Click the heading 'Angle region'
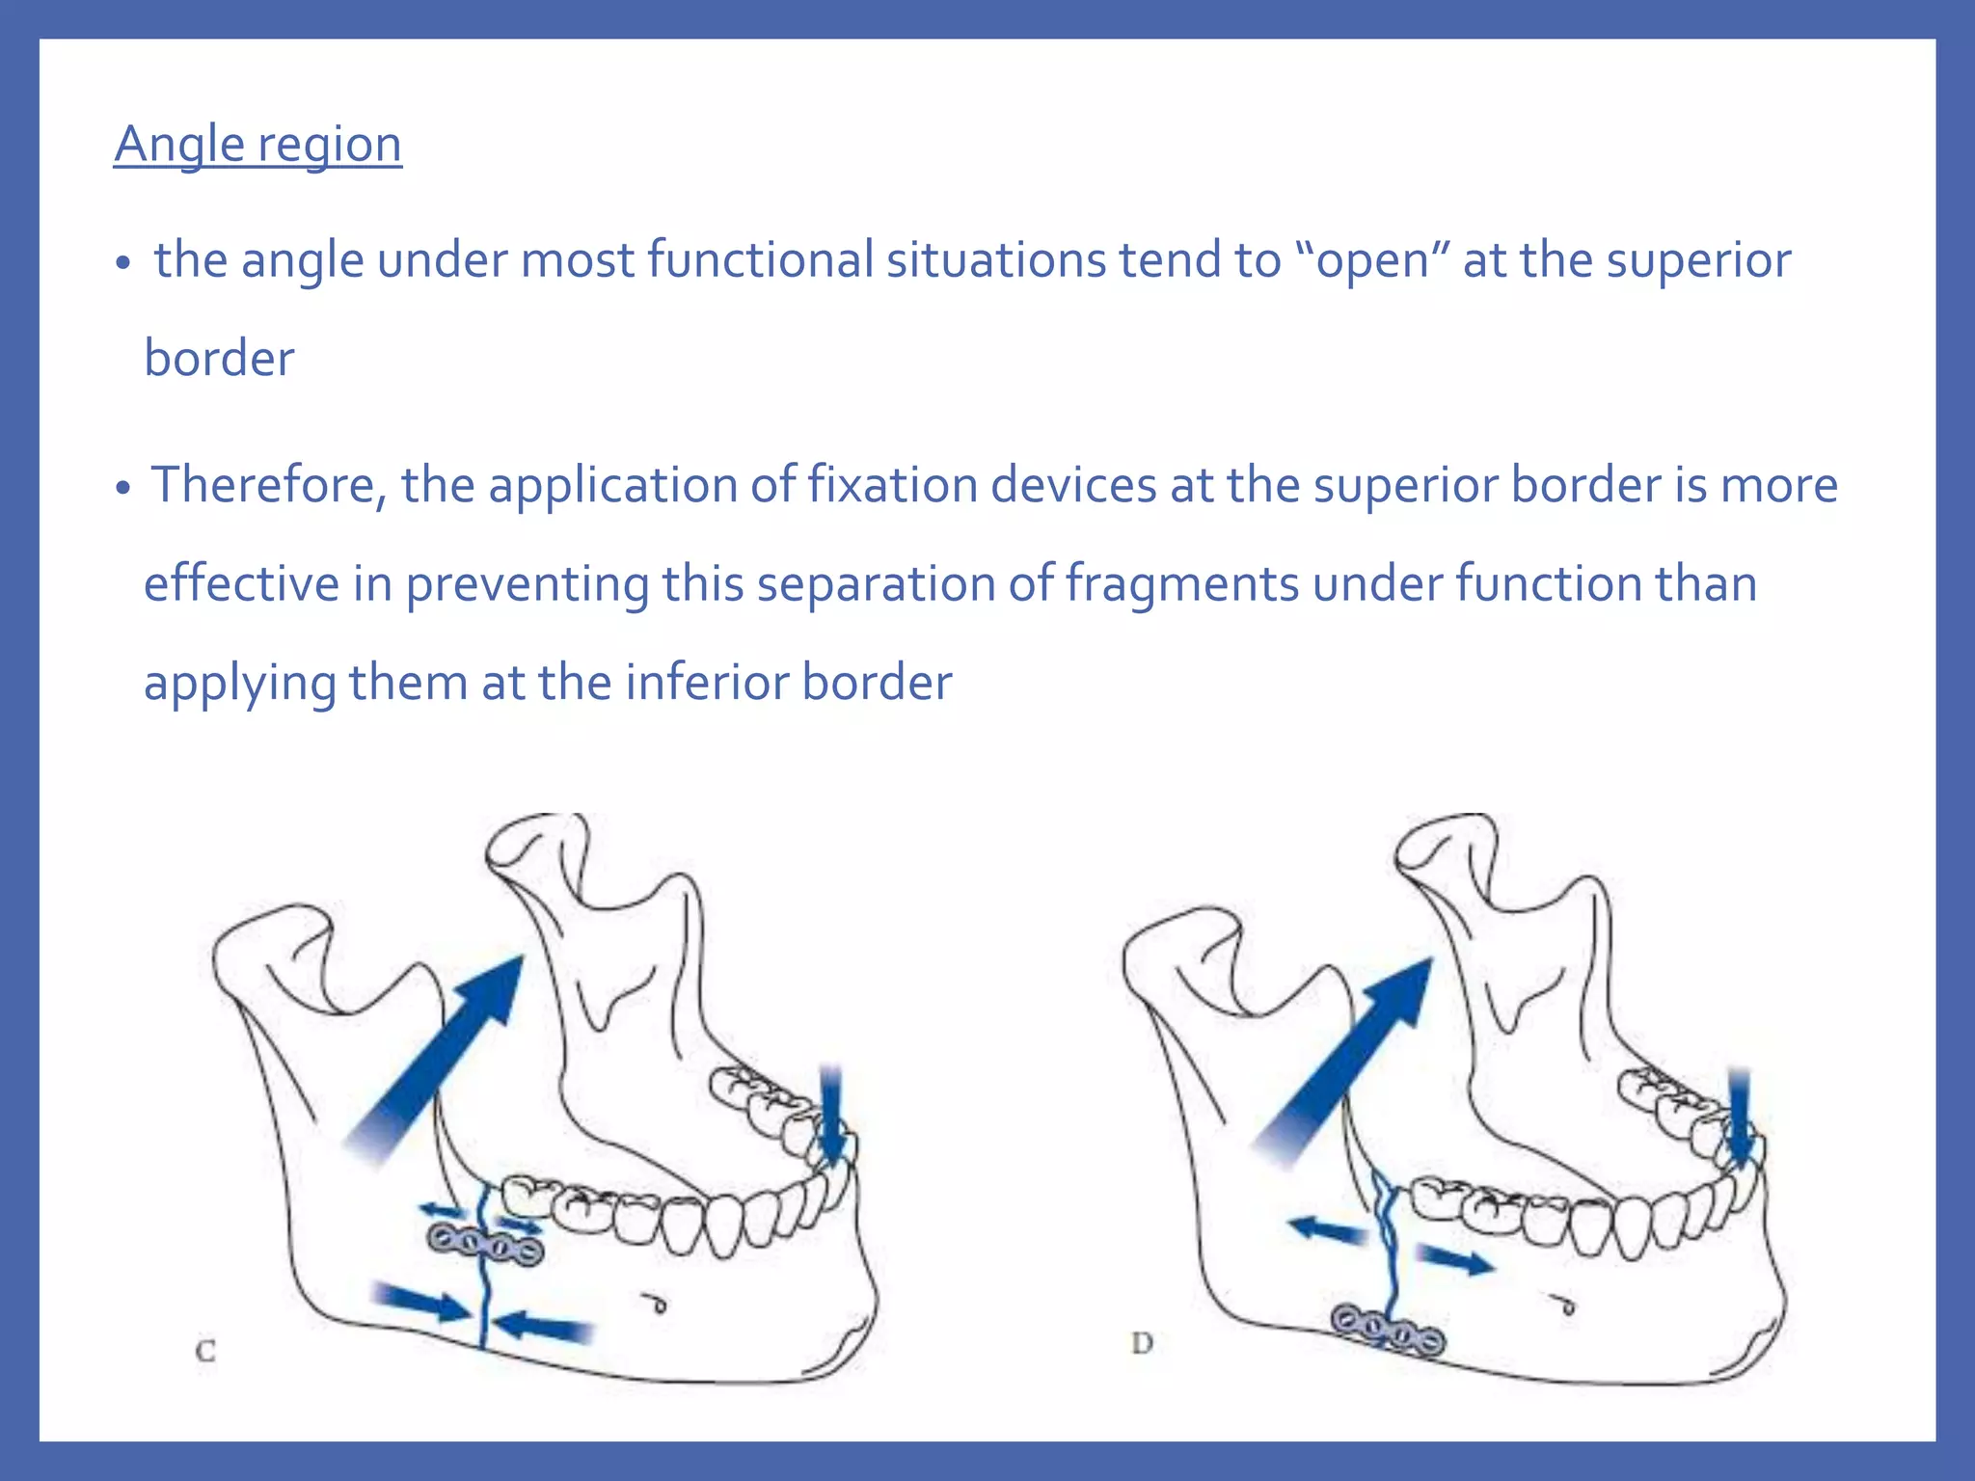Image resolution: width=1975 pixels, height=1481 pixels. pyautogui.click(x=257, y=145)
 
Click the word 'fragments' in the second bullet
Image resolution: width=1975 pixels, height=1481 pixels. pyautogui.click(x=1181, y=584)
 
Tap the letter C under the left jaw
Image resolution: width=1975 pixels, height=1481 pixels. pyautogui.click(x=205, y=1351)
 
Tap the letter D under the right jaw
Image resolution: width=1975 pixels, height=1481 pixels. pyautogui.click(x=1142, y=1343)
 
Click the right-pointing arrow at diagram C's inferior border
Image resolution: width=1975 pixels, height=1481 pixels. pyautogui.click(x=421, y=1301)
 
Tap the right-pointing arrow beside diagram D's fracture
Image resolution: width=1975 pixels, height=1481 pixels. pyautogui.click(x=1455, y=1258)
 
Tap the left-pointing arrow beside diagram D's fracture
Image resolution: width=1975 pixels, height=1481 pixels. pyautogui.click(x=1328, y=1230)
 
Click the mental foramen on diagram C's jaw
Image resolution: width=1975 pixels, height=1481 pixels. pyautogui.click(x=658, y=1304)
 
